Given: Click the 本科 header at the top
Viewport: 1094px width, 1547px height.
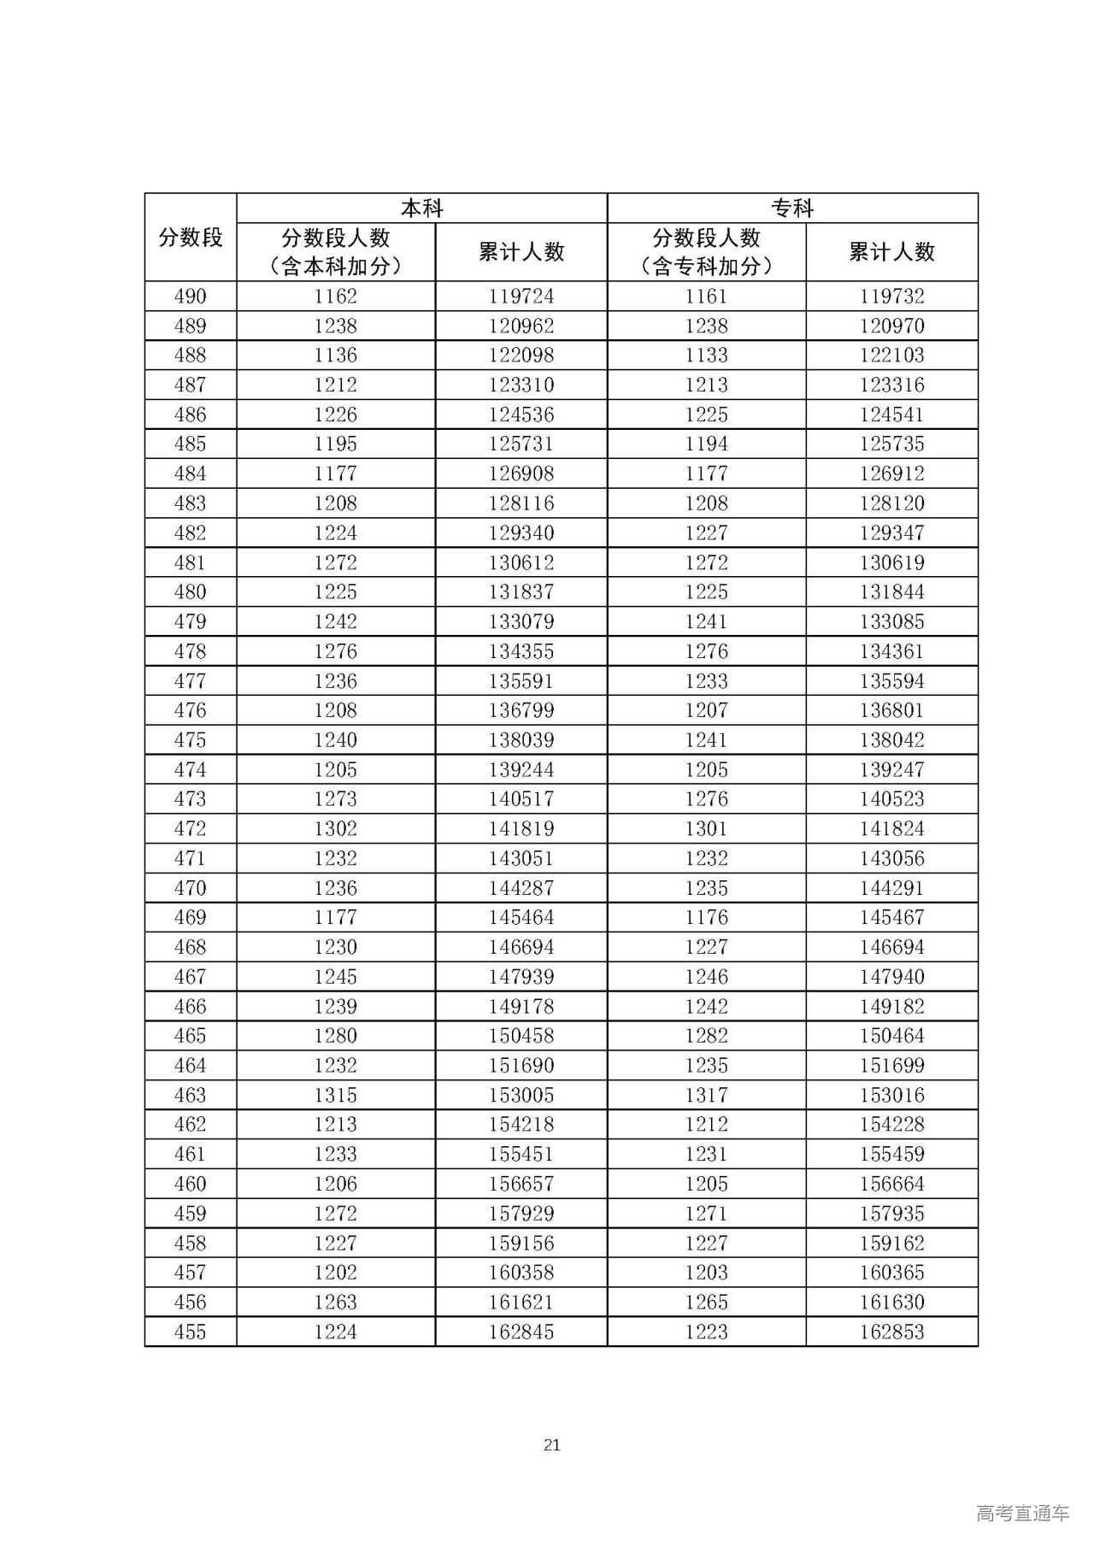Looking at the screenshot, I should coord(421,208).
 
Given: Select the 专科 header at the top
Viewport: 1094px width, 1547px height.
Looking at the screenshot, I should coord(792,208).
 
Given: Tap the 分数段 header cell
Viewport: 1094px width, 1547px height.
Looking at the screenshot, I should coord(190,238).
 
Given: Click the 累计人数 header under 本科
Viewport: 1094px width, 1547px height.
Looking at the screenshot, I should coord(521,252).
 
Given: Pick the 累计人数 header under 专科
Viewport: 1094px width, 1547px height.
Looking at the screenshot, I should coord(891,252).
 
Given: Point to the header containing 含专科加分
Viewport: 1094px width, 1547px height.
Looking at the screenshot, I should coord(706,252).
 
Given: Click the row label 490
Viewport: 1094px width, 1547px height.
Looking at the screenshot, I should coord(190,297).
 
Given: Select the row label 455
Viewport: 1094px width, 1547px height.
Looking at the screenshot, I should coord(190,1332).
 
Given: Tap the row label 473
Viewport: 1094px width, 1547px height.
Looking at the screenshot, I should coord(190,799).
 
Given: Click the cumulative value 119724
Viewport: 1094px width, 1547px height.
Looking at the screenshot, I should coord(521,297).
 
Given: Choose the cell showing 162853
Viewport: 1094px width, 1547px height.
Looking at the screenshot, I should coord(891,1332).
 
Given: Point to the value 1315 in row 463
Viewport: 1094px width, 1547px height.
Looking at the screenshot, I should coord(335,1095).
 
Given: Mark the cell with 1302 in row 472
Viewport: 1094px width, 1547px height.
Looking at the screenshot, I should coord(335,828).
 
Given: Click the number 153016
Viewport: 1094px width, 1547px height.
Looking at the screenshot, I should coord(891,1095).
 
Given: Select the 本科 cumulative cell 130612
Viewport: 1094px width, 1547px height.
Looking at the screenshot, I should coord(521,562).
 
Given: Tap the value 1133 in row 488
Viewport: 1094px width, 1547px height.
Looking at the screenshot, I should coord(706,356).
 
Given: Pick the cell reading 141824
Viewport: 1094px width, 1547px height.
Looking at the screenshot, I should coord(891,828).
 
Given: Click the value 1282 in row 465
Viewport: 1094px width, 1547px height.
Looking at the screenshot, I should coord(706,1036).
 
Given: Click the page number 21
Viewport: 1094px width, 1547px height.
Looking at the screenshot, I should coord(551,1445).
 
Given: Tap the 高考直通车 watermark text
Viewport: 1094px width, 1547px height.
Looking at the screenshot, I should coord(1021,1513).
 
